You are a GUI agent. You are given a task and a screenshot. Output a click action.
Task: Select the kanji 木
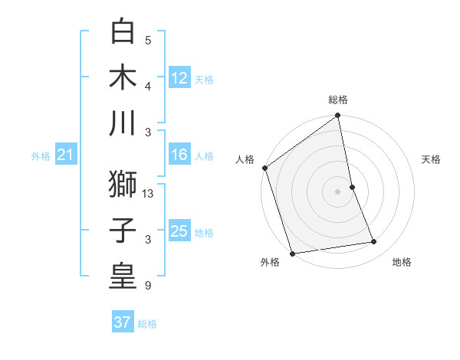tap(123, 77)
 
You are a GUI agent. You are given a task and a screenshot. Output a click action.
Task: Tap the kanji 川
tap(123, 123)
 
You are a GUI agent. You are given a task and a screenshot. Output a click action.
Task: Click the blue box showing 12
tap(179, 77)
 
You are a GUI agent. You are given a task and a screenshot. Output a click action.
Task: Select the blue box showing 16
tap(179, 155)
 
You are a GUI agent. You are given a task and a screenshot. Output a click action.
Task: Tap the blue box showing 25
tap(179, 231)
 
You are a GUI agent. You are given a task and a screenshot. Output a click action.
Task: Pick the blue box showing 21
tap(65, 155)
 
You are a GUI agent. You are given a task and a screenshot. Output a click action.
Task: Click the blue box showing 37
tap(123, 322)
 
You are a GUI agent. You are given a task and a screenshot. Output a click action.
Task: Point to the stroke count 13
tap(149, 195)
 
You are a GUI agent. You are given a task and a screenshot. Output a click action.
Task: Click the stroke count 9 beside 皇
tap(147, 286)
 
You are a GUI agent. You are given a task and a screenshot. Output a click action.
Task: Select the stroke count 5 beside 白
tap(147, 41)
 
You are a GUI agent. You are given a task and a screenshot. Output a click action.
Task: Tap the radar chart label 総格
tap(338, 100)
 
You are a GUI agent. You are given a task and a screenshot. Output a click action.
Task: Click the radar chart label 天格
tap(432, 159)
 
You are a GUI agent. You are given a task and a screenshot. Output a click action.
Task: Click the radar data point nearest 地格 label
tap(374, 242)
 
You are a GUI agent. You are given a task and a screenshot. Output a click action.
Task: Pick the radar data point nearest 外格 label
tap(292, 254)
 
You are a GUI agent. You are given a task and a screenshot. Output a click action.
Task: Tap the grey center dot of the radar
tap(338, 191)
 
